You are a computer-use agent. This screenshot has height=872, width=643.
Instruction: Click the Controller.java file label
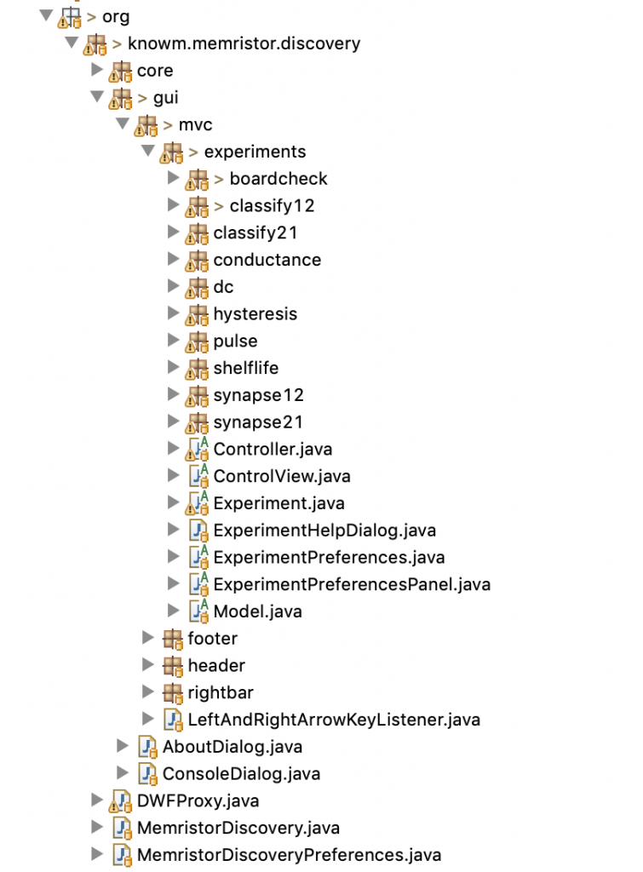[x=273, y=449]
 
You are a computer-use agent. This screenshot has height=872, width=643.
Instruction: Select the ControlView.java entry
[x=282, y=476]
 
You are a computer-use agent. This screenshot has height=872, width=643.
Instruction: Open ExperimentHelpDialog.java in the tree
[x=324, y=531]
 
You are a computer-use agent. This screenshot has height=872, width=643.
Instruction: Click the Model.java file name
[x=257, y=611]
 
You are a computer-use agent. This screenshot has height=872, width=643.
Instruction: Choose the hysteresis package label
[x=255, y=314]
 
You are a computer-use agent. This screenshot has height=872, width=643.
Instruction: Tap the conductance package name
[x=267, y=260]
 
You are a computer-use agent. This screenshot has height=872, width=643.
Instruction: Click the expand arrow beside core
[x=96, y=70]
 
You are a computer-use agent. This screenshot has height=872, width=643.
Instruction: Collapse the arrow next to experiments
[x=147, y=152]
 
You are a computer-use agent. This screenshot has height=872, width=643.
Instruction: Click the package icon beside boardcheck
[x=198, y=179]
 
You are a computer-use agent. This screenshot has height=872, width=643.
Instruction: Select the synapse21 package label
[x=258, y=422]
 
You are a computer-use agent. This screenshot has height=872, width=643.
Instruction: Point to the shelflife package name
[x=245, y=368]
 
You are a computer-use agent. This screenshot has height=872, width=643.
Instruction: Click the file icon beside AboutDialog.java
[x=147, y=747]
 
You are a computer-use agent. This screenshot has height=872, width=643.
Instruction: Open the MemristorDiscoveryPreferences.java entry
[x=289, y=855]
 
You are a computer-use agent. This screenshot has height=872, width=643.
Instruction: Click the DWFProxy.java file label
[x=198, y=801]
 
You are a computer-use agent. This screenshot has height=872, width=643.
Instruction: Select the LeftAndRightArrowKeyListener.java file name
[x=334, y=720]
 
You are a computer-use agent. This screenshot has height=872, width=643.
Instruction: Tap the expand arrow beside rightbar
[x=147, y=692]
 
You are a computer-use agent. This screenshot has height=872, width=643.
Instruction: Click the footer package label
[x=212, y=639]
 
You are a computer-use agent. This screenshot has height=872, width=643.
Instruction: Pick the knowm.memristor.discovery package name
[x=244, y=43]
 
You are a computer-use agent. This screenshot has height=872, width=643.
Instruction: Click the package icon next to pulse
[x=198, y=341]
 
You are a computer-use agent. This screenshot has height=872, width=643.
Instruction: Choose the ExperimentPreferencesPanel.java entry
[x=352, y=584]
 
